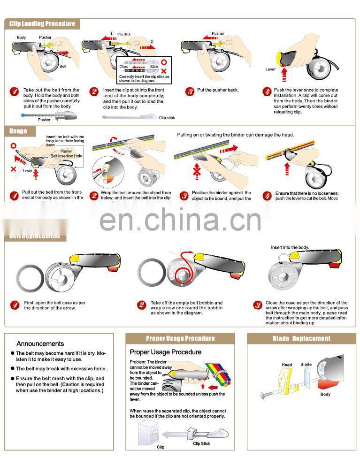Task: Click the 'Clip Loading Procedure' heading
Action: [x=42, y=24]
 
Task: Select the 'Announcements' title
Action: [x=40, y=343]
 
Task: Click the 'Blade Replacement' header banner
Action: [x=301, y=338]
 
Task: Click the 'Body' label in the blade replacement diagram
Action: [x=325, y=394]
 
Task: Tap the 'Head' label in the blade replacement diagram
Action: [x=286, y=365]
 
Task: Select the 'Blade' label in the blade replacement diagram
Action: [x=306, y=364]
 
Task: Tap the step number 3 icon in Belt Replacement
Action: [x=258, y=305]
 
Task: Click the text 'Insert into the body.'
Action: [x=290, y=247]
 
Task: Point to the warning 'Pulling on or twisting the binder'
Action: [x=235, y=135]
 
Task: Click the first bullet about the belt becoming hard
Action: [x=61, y=356]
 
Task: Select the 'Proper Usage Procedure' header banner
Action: [x=180, y=338]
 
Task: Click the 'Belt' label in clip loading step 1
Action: [x=63, y=67]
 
